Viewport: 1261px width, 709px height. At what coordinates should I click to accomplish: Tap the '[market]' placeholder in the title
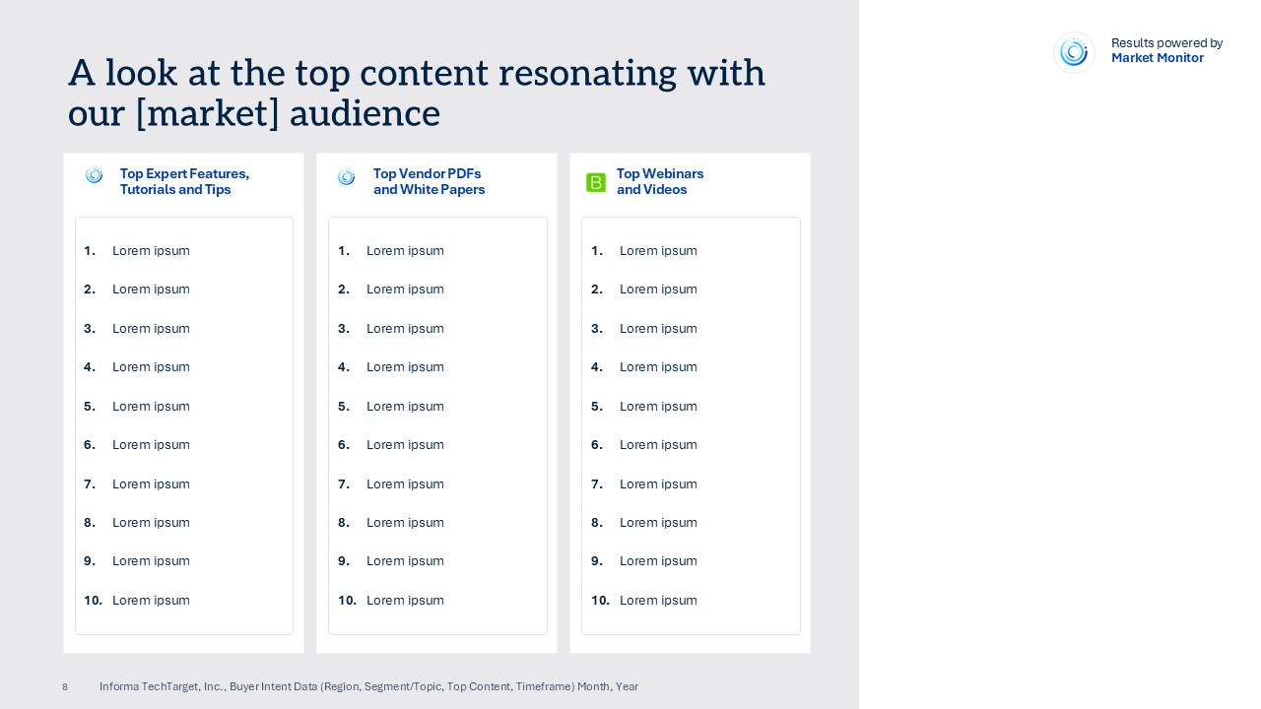click(208, 113)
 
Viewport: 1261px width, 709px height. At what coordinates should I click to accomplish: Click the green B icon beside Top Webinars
click(596, 182)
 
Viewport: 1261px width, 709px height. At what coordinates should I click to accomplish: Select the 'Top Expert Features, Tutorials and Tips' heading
click(184, 181)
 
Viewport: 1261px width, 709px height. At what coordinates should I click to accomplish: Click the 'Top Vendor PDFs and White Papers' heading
click(429, 181)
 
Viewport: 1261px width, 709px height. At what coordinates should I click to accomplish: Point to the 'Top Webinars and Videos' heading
click(660, 181)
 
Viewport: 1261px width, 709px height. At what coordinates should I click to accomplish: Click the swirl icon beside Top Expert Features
click(94, 175)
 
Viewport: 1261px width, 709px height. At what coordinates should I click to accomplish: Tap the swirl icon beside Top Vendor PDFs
click(346, 177)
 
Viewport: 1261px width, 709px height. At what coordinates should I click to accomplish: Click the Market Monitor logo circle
click(1074, 53)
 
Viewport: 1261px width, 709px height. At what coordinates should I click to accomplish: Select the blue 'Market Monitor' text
click(1157, 58)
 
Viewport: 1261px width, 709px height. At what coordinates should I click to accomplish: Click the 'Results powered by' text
click(1166, 43)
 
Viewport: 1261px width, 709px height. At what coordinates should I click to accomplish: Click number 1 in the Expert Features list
click(90, 251)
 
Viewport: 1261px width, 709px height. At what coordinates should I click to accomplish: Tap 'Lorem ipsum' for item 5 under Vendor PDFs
click(405, 407)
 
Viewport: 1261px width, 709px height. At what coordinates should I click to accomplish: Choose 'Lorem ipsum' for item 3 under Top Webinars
click(658, 329)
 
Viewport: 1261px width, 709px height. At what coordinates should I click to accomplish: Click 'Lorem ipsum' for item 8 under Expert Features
click(151, 523)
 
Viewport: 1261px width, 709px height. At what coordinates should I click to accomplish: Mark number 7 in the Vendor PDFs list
click(344, 484)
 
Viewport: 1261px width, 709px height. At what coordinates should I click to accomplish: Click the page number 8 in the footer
click(65, 687)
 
